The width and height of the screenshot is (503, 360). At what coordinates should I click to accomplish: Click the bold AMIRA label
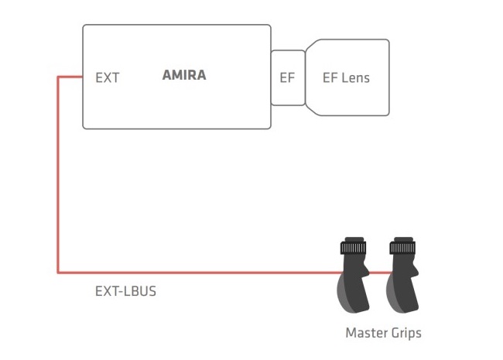(184, 75)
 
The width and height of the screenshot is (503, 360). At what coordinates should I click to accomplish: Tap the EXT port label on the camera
(107, 78)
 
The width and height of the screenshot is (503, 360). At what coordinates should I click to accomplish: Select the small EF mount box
(287, 77)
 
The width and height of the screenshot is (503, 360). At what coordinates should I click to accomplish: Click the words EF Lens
(346, 78)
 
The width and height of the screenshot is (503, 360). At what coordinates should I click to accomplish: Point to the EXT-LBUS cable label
(125, 291)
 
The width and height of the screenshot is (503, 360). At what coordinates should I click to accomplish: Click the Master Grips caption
(383, 333)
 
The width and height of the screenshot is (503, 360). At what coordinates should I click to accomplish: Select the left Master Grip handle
(353, 276)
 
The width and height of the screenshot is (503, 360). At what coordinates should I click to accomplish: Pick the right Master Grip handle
(402, 276)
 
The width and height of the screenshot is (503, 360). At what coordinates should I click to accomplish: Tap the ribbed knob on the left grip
(353, 248)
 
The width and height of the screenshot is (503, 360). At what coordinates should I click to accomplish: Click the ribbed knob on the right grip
(402, 248)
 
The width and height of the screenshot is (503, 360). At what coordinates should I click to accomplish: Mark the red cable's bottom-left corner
(58, 273)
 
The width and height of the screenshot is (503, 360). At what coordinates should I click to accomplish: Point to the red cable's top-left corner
(58, 77)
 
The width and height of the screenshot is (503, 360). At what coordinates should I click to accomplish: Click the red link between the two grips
(380, 273)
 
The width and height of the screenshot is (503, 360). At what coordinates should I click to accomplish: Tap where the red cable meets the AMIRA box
(83, 77)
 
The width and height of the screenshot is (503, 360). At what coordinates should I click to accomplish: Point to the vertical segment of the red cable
(58, 175)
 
